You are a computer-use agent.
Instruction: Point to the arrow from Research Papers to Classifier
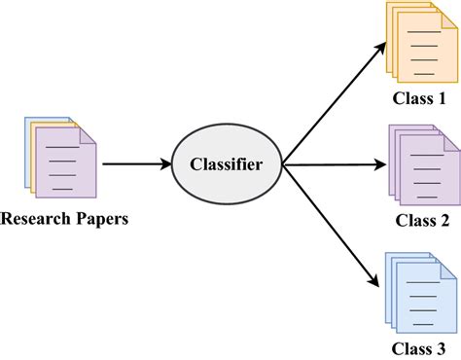point(135,164)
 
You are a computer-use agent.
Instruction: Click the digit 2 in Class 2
point(444,220)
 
